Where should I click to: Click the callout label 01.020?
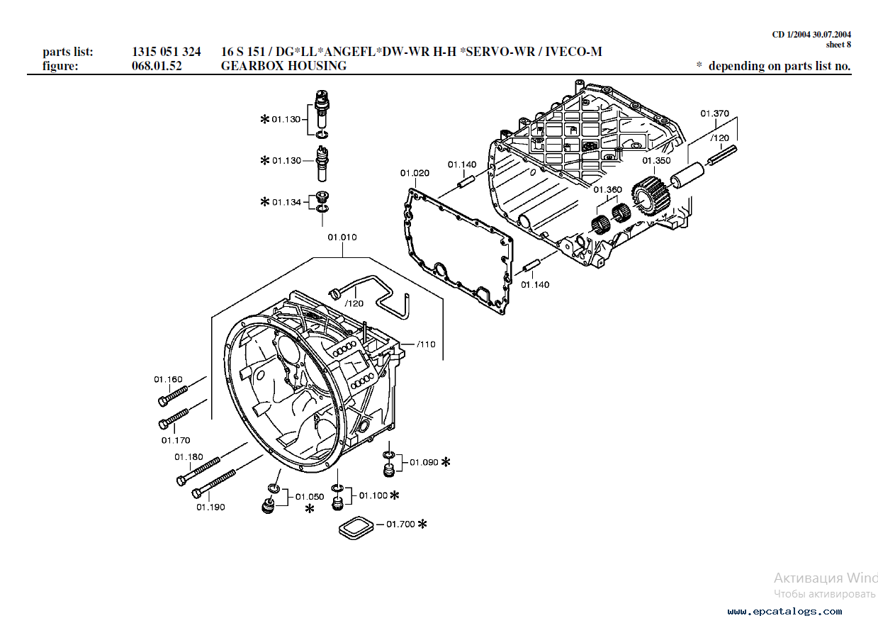(x=415, y=173)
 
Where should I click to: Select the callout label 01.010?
(x=342, y=237)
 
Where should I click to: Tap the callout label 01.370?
(x=714, y=113)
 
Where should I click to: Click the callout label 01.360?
(x=607, y=190)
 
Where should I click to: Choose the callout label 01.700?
(x=400, y=524)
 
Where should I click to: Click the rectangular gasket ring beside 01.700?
(x=356, y=528)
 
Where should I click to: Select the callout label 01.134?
(x=287, y=203)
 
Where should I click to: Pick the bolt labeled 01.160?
(x=173, y=395)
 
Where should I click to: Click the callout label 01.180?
(x=188, y=457)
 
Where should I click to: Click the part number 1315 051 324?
(x=166, y=52)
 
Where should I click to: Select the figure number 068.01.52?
(x=157, y=66)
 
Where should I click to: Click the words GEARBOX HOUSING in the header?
(x=283, y=66)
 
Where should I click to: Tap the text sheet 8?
(x=838, y=45)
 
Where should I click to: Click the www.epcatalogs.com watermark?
(x=784, y=611)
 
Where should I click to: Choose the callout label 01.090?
(x=424, y=463)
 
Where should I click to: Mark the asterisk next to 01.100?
(x=395, y=495)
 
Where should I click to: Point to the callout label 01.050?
(x=310, y=497)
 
